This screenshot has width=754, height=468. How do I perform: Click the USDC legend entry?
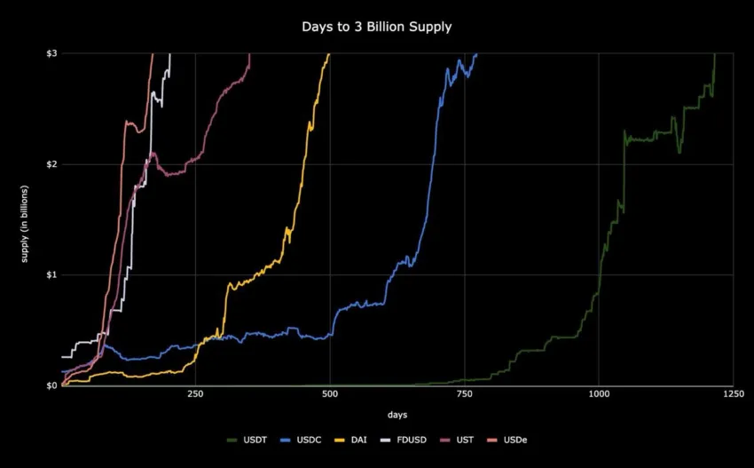(x=301, y=440)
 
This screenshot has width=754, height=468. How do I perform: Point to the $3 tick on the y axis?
(x=51, y=53)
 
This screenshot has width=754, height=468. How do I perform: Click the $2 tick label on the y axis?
(x=51, y=164)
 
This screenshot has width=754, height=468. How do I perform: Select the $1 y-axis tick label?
(x=51, y=274)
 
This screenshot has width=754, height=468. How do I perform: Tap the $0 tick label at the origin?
(x=51, y=385)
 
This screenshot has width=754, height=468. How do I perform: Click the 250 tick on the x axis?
(x=195, y=393)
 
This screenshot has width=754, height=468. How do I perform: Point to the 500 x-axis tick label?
(x=330, y=393)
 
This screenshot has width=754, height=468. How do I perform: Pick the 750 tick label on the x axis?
(x=464, y=393)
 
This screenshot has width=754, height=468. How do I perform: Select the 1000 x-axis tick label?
(x=599, y=393)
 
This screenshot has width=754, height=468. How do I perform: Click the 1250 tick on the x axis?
(x=733, y=393)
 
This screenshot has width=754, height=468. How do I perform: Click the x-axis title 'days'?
(x=397, y=415)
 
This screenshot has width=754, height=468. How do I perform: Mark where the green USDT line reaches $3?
(x=715, y=54)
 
